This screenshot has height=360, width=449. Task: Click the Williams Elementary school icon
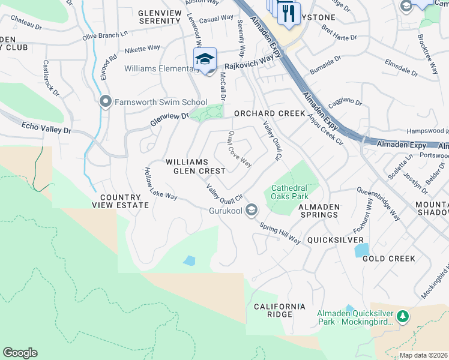pyautogui.click(x=205, y=59)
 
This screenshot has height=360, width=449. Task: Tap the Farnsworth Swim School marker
pyautogui.click(x=106, y=101)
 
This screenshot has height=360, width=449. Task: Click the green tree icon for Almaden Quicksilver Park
pyautogui.click(x=403, y=316)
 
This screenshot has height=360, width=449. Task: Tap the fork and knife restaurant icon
pyautogui.click(x=289, y=13)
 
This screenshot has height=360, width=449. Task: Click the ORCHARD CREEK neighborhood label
pyautogui.click(x=261, y=113)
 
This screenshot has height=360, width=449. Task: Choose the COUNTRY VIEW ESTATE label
pyautogui.click(x=120, y=201)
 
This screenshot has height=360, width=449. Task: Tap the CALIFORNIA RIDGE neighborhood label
pyautogui.click(x=279, y=310)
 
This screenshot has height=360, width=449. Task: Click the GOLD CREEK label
pyautogui.click(x=388, y=259)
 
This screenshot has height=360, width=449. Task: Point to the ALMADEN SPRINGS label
pyautogui.click(x=319, y=211)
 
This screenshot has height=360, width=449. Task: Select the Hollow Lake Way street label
pyautogui.click(x=160, y=184)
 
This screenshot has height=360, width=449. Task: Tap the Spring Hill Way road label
pyautogui.click(x=280, y=233)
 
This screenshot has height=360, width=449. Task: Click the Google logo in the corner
pyautogui.click(x=20, y=353)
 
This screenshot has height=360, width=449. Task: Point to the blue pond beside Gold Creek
pyautogui.click(x=361, y=249)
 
